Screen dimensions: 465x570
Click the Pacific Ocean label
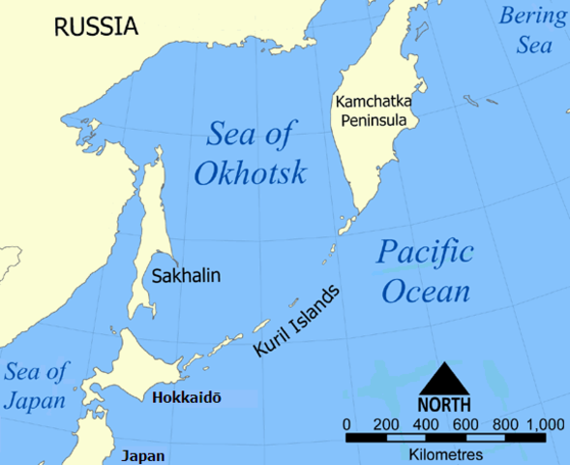[x=425, y=272]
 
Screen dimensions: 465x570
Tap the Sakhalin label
[x=186, y=276]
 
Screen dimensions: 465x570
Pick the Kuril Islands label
[x=297, y=322]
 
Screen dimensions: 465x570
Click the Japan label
[x=142, y=456]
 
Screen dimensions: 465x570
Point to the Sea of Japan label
[x=36, y=385]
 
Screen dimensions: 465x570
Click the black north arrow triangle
[x=444, y=378]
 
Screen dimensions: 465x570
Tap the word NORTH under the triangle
[x=444, y=404]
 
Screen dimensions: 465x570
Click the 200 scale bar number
[x=386, y=424]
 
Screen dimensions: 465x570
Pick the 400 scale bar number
[x=426, y=424]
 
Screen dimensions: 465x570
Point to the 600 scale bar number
[x=465, y=424]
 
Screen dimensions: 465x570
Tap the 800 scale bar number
[x=505, y=424]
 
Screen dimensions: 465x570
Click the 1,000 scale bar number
[x=546, y=424]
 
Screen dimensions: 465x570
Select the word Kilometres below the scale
[x=444, y=453]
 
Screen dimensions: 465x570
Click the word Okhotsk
[x=251, y=173]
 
